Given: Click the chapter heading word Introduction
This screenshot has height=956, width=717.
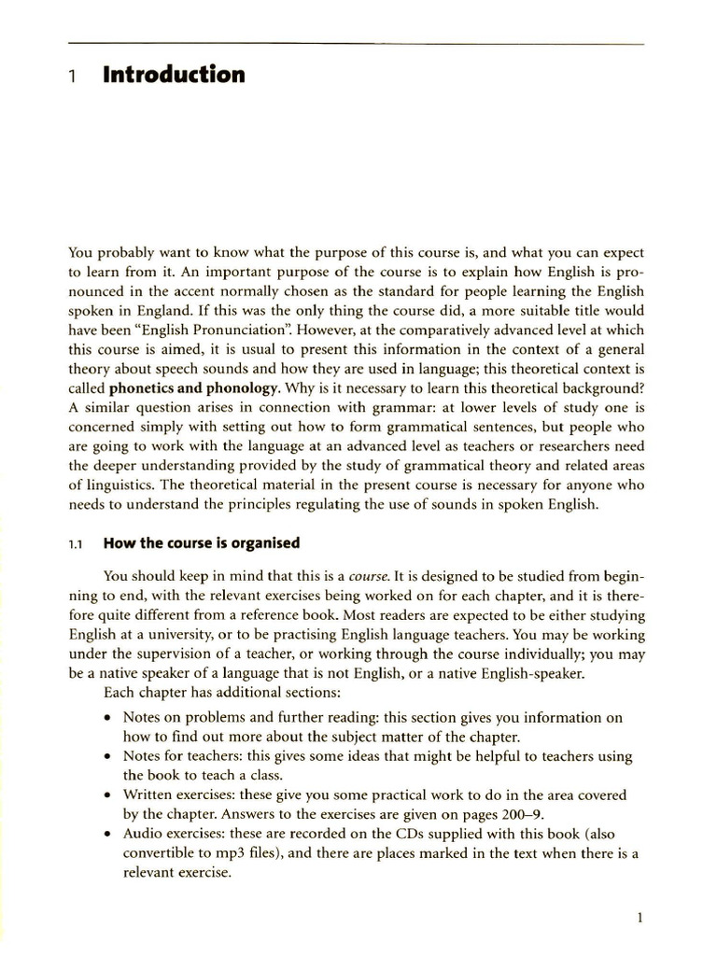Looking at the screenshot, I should click(174, 75).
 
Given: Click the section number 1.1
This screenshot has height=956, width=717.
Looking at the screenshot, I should click(77, 543).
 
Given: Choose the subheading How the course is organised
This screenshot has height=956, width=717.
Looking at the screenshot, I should click(201, 542).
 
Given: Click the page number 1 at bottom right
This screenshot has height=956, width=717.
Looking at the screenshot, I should click(640, 918).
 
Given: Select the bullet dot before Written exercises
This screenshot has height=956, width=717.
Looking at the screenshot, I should click(109, 795).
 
